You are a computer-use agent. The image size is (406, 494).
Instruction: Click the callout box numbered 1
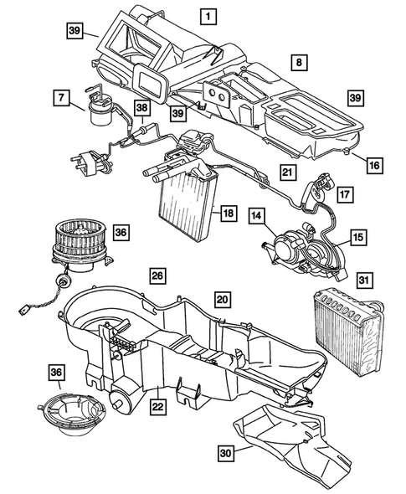[x=207, y=15]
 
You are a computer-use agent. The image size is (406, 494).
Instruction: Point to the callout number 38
[x=142, y=108]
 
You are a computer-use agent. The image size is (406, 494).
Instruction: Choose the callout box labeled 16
[x=374, y=166]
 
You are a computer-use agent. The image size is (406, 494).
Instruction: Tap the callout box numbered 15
[x=357, y=239]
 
